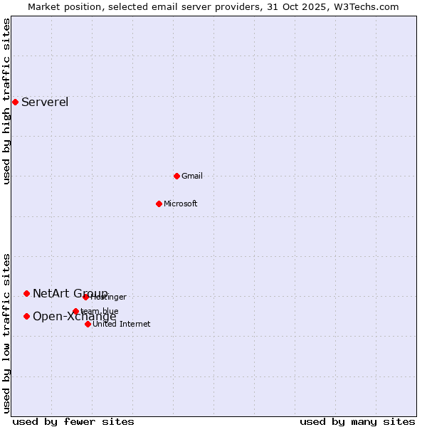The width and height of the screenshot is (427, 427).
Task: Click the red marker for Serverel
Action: [x=15, y=102]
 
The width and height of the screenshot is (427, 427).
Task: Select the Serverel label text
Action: [x=45, y=102]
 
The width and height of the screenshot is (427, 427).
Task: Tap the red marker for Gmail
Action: [x=176, y=176]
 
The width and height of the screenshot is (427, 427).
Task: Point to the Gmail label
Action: [x=192, y=176]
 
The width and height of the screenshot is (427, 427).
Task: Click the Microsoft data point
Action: [x=159, y=204]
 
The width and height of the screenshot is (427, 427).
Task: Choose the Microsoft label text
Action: [x=180, y=204]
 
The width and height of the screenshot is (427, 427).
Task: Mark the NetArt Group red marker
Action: [x=26, y=293]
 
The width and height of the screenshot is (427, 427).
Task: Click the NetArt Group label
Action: [x=70, y=293]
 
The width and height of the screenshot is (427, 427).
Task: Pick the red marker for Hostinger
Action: [x=85, y=297]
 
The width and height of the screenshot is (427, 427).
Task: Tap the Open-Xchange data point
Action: [x=26, y=316]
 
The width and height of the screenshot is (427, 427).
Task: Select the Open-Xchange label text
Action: [x=74, y=317]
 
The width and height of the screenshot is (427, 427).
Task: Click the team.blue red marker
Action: [x=75, y=311]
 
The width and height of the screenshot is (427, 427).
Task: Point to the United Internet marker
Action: [x=88, y=324]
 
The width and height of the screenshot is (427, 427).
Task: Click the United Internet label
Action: [x=121, y=324]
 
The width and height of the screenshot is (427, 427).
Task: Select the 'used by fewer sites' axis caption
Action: [x=73, y=421]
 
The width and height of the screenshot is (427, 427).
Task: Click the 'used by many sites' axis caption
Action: [x=357, y=421]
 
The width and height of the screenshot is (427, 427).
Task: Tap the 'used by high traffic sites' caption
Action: [x=6, y=101]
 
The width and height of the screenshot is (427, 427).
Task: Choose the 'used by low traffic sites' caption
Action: [x=6, y=333]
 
